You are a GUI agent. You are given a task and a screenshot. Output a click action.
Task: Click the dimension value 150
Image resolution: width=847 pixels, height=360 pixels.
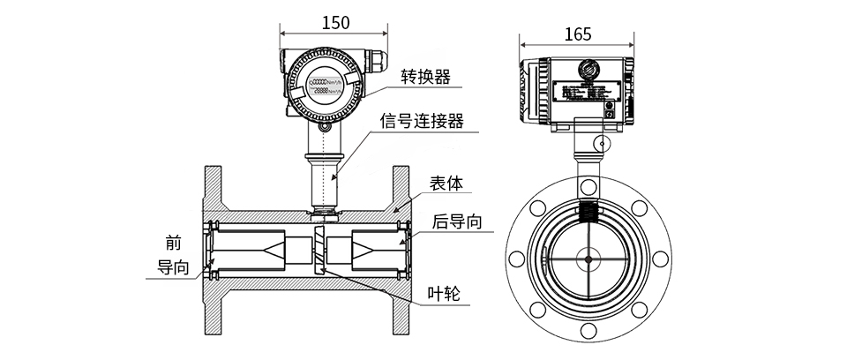click(334, 23)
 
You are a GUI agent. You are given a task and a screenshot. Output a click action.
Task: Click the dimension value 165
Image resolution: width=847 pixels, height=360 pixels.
click(577, 34)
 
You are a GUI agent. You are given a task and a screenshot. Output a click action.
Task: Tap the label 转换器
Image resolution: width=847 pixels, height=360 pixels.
click(425, 77)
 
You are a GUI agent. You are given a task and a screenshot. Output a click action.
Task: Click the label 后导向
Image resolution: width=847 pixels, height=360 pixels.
click(457, 221)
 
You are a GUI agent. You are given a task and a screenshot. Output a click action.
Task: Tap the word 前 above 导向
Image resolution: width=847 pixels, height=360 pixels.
click(173, 243)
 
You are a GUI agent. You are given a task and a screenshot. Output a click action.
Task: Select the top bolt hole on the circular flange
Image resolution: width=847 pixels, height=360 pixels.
click(587, 186)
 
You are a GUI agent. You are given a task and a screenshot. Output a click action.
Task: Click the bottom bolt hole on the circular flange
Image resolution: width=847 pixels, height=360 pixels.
click(587, 332)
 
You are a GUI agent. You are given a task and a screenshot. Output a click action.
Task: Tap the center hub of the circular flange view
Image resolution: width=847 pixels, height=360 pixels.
click(587, 259)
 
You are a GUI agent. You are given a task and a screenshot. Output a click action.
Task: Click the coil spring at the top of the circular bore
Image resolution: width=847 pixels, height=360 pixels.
click(588, 212)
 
